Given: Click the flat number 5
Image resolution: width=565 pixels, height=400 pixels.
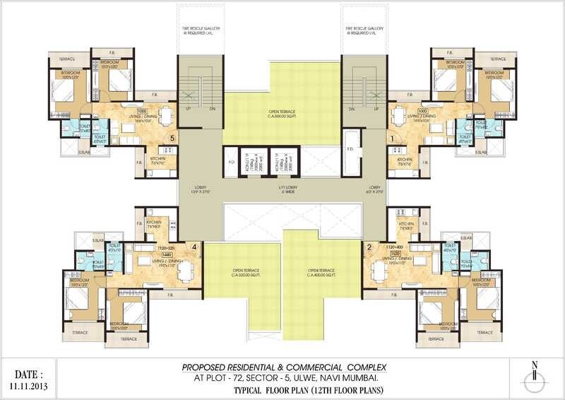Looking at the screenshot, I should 172,139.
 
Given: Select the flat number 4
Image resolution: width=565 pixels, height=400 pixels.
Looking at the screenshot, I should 194,247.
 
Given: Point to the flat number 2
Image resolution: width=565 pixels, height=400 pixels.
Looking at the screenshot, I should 369,247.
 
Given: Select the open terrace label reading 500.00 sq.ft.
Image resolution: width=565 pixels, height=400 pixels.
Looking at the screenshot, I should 282,113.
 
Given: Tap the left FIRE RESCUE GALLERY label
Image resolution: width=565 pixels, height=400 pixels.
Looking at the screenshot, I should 198,31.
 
